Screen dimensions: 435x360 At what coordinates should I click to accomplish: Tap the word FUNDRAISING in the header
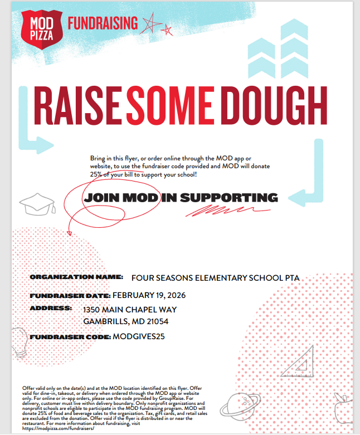click(102, 23)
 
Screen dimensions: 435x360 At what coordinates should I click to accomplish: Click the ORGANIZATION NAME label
click(76, 277)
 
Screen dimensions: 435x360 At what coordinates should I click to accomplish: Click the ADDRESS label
click(51, 308)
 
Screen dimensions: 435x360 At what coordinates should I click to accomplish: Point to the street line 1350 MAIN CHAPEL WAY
click(130, 310)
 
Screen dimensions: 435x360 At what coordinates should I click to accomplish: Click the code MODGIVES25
click(139, 336)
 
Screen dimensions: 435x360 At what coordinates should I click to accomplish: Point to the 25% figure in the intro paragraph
click(96, 174)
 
